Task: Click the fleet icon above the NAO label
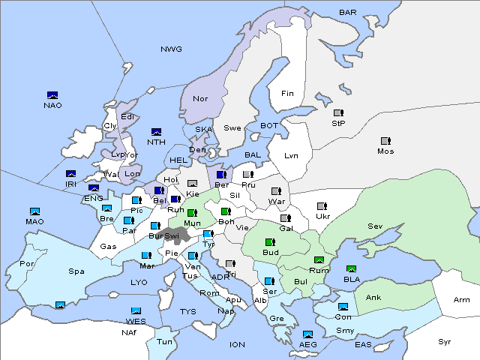(x=52, y=95)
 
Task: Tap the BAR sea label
(x=348, y=12)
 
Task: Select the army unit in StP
(x=338, y=113)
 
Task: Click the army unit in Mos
(x=385, y=140)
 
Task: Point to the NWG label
(x=171, y=49)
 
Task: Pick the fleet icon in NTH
(x=157, y=132)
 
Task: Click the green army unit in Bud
(x=271, y=242)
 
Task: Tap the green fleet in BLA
(x=351, y=268)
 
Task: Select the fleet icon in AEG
(x=307, y=334)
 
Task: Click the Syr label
(x=445, y=341)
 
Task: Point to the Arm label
(x=462, y=300)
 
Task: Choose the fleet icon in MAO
(x=34, y=211)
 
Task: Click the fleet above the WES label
(x=136, y=310)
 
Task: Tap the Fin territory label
(x=287, y=94)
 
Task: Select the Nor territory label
(x=200, y=98)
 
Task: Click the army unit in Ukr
(x=322, y=206)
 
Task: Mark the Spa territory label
(x=76, y=271)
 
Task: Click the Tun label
(x=164, y=341)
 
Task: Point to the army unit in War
(x=277, y=191)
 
